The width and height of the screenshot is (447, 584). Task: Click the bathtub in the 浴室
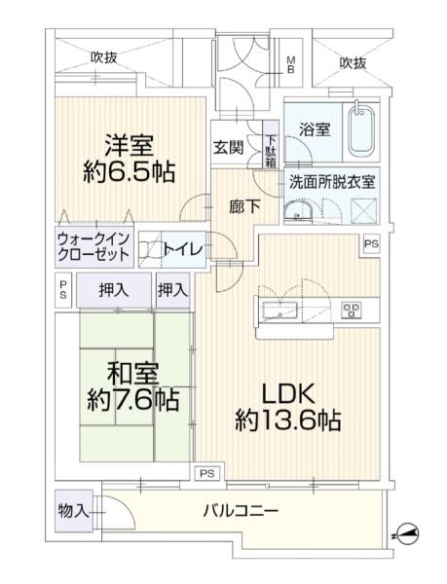(x=361, y=130)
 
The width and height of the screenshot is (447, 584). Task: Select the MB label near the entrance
(x=290, y=65)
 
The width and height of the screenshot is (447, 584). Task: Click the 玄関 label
(x=228, y=148)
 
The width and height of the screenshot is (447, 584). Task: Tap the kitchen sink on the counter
(x=280, y=310)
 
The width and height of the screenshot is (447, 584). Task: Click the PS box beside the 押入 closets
(x=63, y=290)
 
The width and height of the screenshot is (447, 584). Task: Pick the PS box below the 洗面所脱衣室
(x=371, y=244)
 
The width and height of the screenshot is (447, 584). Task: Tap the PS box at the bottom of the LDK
(x=207, y=474)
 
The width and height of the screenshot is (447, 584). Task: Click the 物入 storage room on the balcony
(x=74, y=511)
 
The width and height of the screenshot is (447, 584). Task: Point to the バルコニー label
(x=241, y=510)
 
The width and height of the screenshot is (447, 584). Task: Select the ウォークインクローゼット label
(x=93, y=246)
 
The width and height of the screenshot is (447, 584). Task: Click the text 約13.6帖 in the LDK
(x=288, y=420)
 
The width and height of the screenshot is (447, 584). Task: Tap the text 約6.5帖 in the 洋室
(x=129, y=171)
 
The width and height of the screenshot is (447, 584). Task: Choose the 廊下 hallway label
(x=244, y=206)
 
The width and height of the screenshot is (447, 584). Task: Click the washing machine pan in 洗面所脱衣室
(x=364, y=211)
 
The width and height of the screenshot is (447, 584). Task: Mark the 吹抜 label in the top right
(x=353, y=63)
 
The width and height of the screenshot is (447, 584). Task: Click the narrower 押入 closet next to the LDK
(x=172, y=290)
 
